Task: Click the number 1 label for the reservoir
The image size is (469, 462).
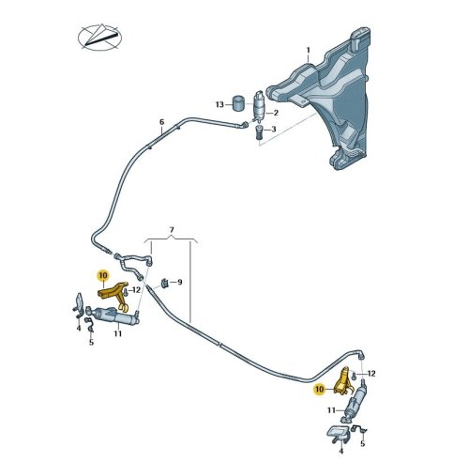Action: (308, 50)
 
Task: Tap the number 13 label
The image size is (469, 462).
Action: (219, 104)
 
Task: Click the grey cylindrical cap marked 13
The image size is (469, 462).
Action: (239, 103)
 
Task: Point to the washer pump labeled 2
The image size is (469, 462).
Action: (259, 106)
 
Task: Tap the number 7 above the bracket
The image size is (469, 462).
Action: (172, 230)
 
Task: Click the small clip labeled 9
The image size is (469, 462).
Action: (164, 283)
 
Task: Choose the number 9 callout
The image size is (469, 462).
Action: (180, 283)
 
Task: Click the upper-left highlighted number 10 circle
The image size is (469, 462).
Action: (103, 275)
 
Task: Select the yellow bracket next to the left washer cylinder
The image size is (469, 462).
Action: (113, 295)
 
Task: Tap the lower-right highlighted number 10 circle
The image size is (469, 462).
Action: (319, 390)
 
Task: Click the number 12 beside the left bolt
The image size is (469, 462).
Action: (136, 290)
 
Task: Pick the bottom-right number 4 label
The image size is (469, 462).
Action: (341, 451)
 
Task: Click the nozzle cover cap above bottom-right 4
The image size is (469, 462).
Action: (338, 432)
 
